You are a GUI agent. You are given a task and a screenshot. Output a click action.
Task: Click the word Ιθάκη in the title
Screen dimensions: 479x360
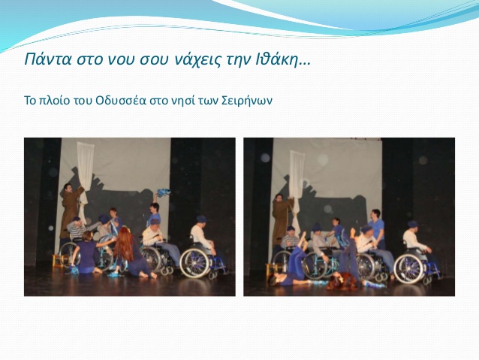click(276, 59)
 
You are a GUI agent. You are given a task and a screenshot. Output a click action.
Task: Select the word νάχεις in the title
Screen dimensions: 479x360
click(197, 60)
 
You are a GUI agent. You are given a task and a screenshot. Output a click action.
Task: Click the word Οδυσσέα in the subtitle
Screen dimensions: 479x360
click(121, 100)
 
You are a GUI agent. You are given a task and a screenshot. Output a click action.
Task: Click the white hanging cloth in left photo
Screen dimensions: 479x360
click(85, 174)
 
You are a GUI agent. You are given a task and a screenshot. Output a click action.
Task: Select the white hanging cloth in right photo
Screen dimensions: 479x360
click(297, 183)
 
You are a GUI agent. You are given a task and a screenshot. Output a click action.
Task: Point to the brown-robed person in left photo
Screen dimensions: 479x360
click(71, 210)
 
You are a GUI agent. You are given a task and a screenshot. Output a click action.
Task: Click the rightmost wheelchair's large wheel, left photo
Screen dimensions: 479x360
click(195, 263)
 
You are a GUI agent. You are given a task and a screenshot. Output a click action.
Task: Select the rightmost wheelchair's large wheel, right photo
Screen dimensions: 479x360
click(409, 268)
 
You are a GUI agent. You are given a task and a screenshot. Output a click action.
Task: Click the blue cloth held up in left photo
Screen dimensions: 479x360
click(164, 192)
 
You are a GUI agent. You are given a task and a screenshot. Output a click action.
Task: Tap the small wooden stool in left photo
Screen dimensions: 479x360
click(57, 261)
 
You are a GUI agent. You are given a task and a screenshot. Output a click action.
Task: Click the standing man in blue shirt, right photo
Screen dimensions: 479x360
click(377, 228)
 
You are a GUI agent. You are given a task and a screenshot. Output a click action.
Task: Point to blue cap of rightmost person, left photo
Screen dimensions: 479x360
click(202, 219)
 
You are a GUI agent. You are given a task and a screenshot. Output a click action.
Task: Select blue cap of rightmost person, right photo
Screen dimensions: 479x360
click(413, 223)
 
